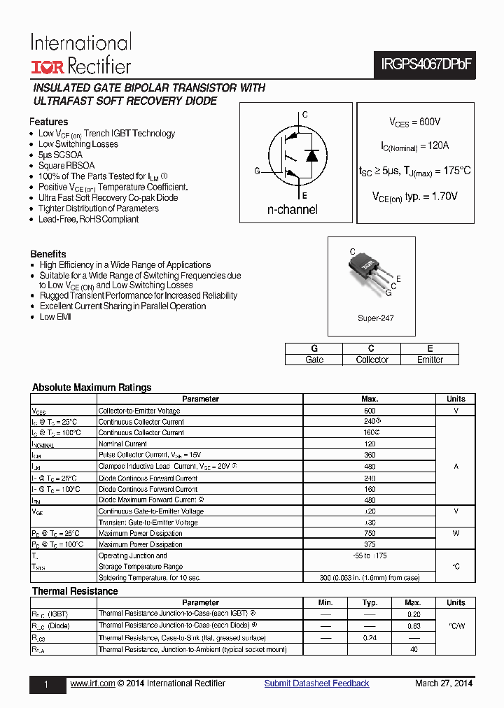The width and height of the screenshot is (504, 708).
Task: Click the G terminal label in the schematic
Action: point(257,171)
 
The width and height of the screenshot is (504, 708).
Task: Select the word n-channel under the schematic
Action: point(292,210)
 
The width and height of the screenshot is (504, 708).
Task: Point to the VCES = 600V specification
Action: point(415,122)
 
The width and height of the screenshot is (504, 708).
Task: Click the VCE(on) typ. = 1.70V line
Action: point(415,197)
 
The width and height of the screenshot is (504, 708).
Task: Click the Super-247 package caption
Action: point(375,318)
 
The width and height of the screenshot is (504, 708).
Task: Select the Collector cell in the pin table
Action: point(372,360)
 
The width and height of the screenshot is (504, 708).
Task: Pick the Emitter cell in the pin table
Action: point(430,360)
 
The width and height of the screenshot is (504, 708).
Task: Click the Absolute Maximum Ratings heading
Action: point(92,388)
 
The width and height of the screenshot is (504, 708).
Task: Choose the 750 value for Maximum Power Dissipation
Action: point(370,533)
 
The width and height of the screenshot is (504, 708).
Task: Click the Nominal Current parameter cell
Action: point(123,444)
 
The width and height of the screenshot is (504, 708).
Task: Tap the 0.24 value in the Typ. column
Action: point(370,638)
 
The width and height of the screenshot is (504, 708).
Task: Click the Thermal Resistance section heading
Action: point(75,591)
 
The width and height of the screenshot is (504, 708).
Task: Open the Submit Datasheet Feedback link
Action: point(316,684)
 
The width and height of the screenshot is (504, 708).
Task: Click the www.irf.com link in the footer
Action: point(92,684)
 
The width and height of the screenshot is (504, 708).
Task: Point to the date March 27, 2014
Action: point(444,684)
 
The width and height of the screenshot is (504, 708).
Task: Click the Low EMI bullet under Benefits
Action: point(55,317)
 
